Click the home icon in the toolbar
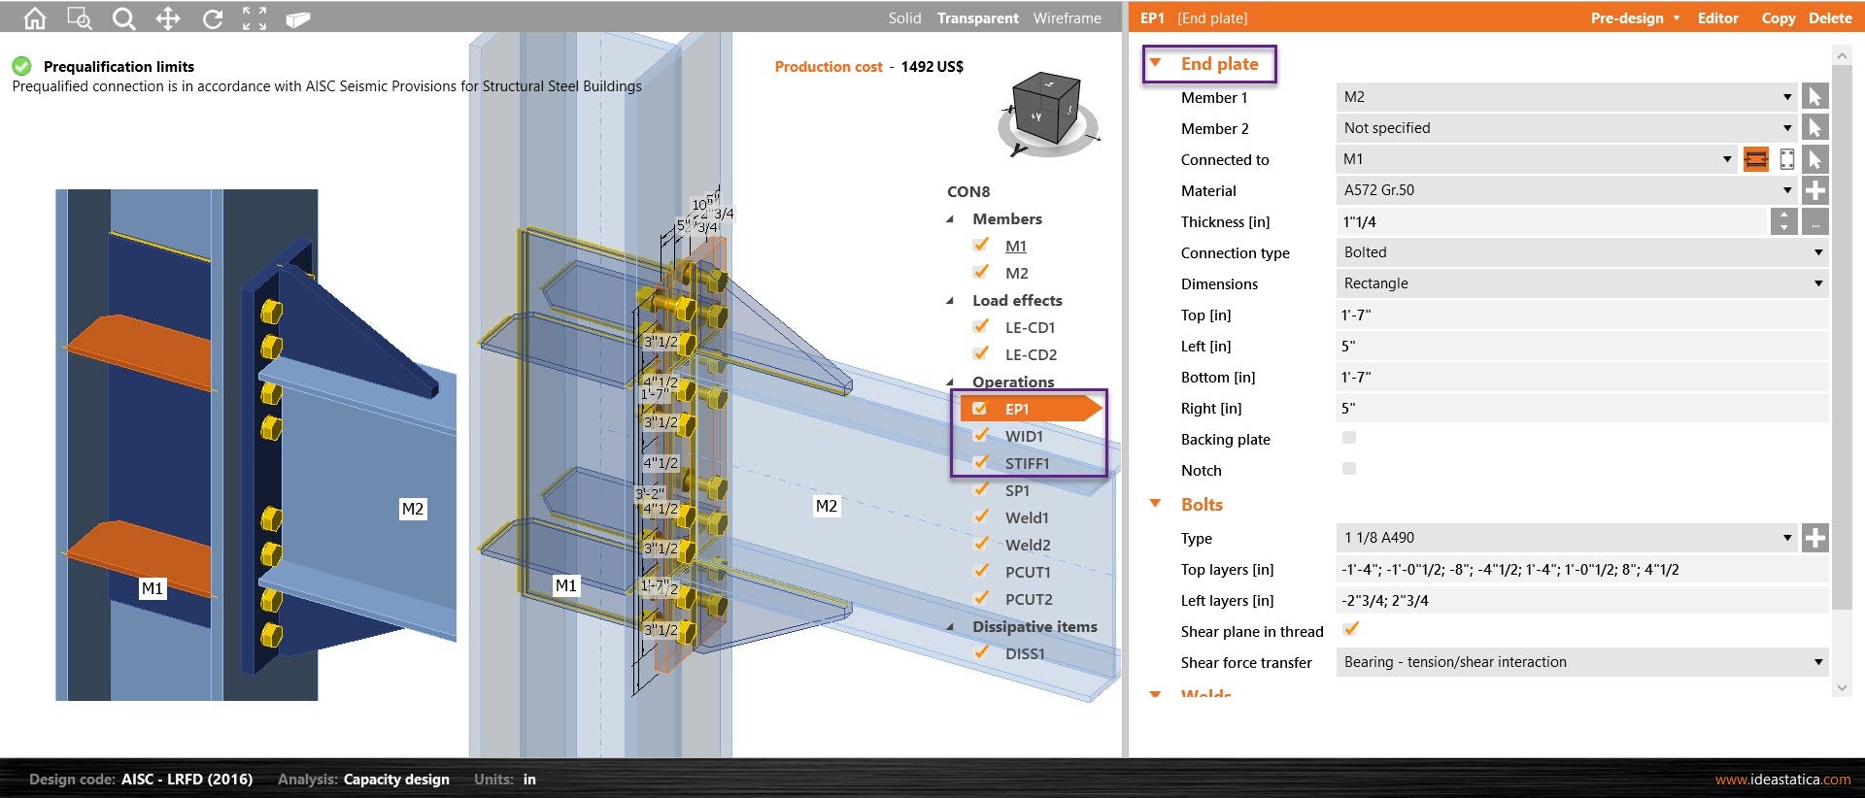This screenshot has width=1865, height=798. click(35, 17)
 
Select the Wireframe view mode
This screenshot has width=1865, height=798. click(1067, 17)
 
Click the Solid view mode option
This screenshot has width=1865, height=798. click(903, 17)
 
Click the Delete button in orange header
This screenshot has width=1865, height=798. click(1830, 17)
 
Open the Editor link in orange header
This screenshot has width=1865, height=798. click(1717, 17)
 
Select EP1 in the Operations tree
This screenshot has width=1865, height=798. click(1017, 409)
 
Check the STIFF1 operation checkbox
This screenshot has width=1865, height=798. click(981, 462)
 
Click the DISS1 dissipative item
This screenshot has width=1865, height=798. click(1025, 653)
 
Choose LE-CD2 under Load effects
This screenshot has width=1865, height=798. click(1031, 354)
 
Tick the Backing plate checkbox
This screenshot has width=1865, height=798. click(1349, 438)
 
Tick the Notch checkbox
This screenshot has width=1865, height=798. click(1349, 469)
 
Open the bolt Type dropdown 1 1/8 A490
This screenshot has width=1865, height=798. click(1564, 538)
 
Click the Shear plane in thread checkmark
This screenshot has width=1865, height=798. click(1350, 629)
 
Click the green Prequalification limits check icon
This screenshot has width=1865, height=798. click(21, 66)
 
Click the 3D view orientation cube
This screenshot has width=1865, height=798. click(1046, 109)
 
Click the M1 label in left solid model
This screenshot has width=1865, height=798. click(153, 588)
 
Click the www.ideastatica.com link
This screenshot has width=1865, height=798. click(1781, 779)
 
